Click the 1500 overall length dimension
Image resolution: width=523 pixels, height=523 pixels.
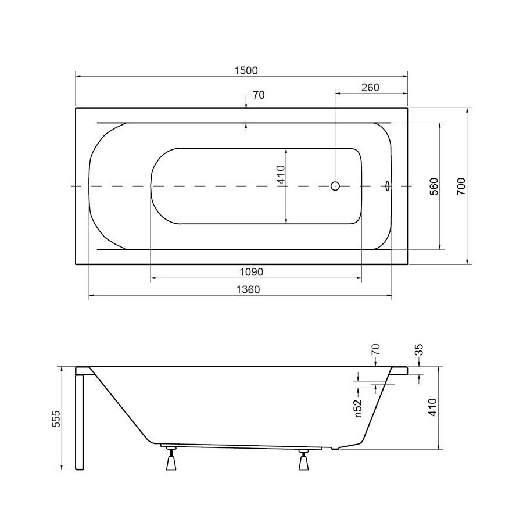(246, 71)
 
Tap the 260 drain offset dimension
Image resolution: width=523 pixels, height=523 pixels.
(370, 87)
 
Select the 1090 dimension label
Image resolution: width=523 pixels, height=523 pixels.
(252, 272)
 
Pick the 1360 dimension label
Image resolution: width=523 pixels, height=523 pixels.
(248, 289)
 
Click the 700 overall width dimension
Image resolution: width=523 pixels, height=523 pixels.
(461, 187)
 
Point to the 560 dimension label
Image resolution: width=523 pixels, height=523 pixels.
(434, 187)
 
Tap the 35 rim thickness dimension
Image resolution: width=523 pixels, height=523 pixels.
(418, 350)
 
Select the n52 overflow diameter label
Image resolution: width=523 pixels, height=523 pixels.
(358, 409)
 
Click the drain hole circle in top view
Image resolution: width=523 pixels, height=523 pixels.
(335, 186)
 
